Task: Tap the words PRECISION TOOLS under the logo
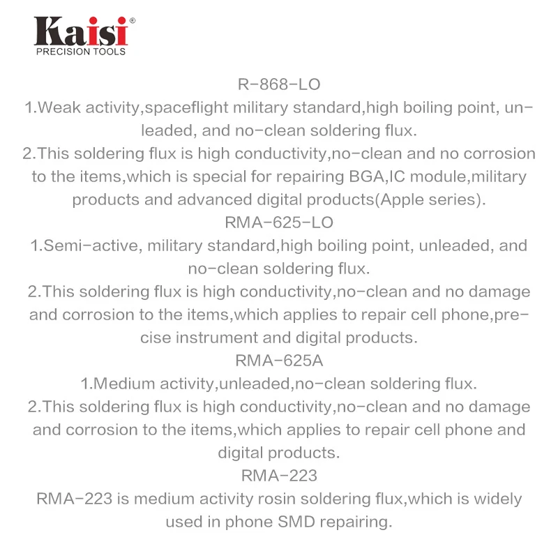pyautogui.click(x=81, y=52)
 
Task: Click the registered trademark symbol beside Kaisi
pyautogui.click(x=133, y=21)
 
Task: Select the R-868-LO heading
pyautogui.click(x=279, y=85)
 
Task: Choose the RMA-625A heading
pyautogui.click(x=279, y=361)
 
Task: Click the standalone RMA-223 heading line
pyautogui.click(x=279, y=476)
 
